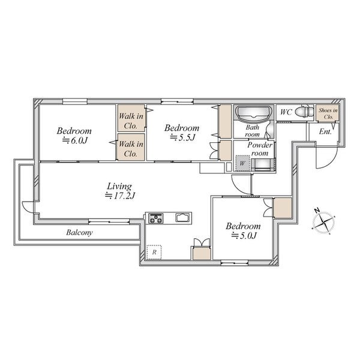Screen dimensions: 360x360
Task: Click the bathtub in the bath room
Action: pos(254,113)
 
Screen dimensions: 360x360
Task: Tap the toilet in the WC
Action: pos(304,112)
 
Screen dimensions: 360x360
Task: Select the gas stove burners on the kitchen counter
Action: pos(156,218)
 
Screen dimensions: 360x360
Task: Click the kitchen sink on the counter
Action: pos(183,217)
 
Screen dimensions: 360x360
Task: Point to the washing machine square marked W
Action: pos(242,163)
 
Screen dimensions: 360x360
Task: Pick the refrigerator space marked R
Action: pos(154,252)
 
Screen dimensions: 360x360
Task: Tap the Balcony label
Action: pos(79,233)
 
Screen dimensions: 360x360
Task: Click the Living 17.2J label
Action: pos(119,191)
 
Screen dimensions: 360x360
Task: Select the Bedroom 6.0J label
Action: pos(74,136)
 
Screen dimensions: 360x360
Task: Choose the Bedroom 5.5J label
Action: pos(182,133)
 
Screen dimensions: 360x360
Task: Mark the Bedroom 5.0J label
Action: pos(243,231)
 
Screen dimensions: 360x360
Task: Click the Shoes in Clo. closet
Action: pos(328,113)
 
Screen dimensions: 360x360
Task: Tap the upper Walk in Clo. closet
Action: pos(131,118)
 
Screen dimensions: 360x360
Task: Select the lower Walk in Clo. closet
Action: pos(131,147)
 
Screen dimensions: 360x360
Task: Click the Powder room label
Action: pos(260,149)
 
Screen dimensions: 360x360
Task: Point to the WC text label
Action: pos(286,112)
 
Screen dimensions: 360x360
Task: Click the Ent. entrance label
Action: pos(325,131)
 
